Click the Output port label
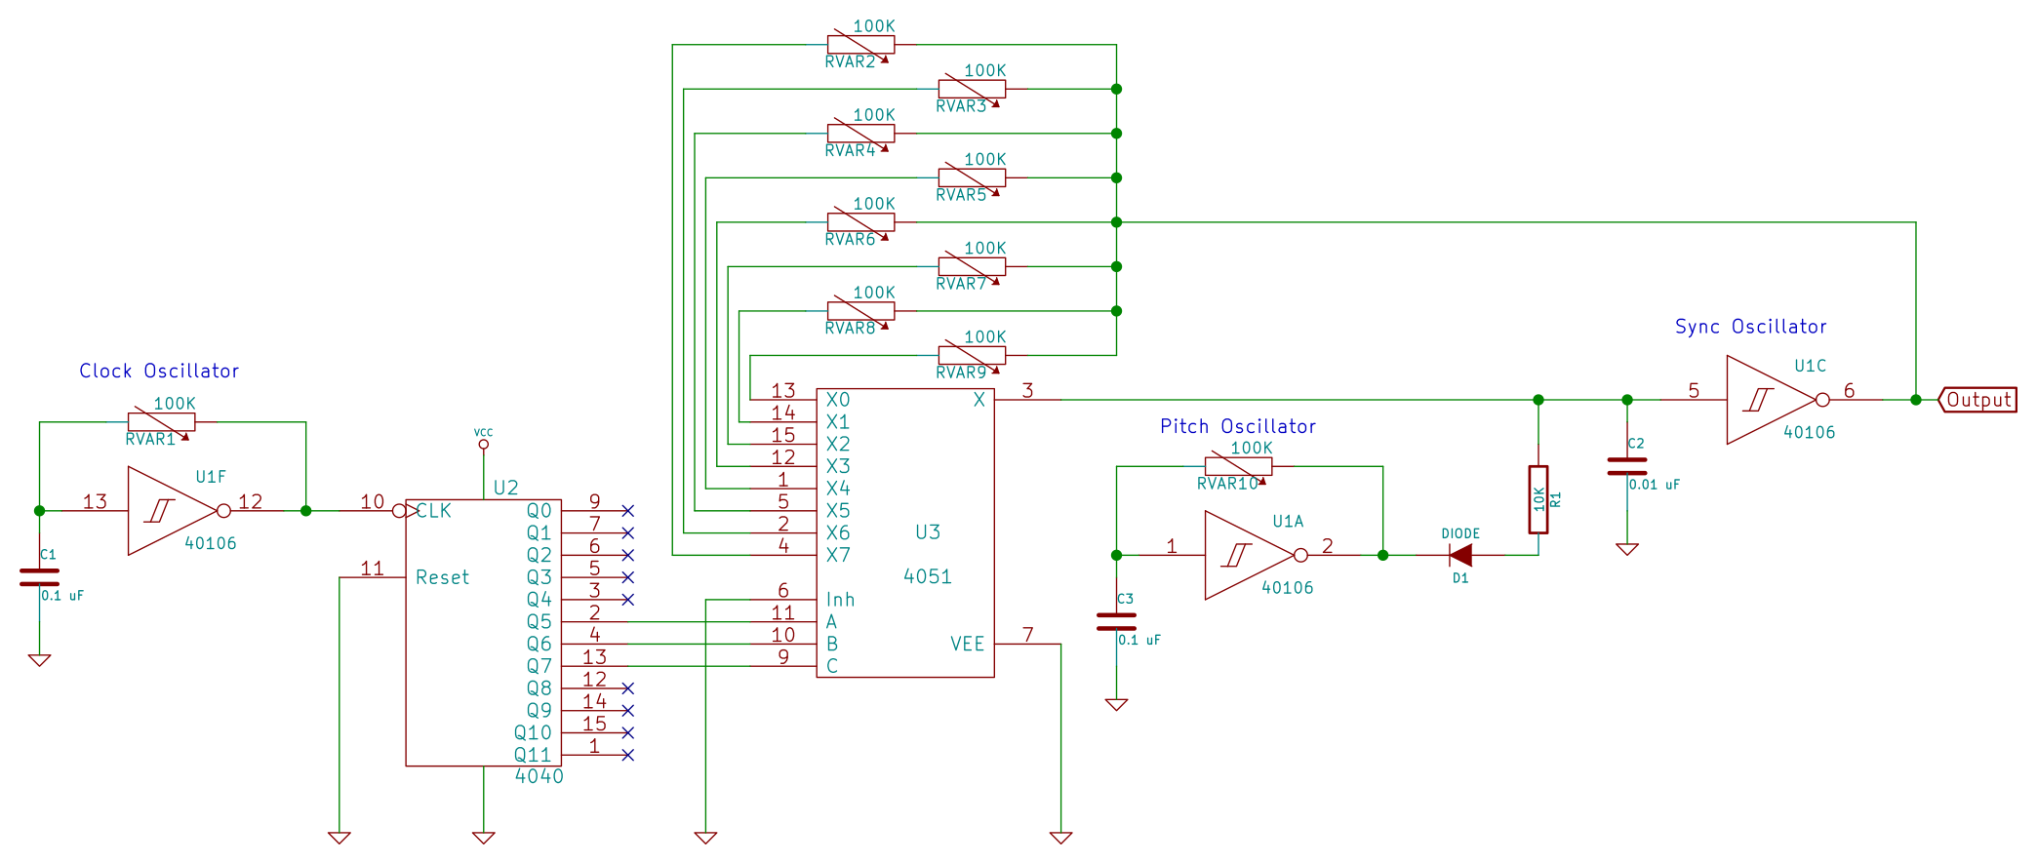(1978, 400)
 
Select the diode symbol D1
(1460, 555)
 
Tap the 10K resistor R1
(1538, 499)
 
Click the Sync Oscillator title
(1750, 327)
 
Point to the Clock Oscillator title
(159, 371)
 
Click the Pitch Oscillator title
(1238, 426)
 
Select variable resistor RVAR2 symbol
(860, 44)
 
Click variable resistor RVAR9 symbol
(972, 355)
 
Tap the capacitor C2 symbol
(1626, 467)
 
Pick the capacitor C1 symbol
(39, 577)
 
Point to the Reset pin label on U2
(442, 577)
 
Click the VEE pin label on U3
(967, 644)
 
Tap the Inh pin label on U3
(840, 600)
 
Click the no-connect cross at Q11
(627, 755)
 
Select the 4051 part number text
(927, 576)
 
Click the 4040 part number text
(539, 776)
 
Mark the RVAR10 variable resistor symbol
(1238, 466)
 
